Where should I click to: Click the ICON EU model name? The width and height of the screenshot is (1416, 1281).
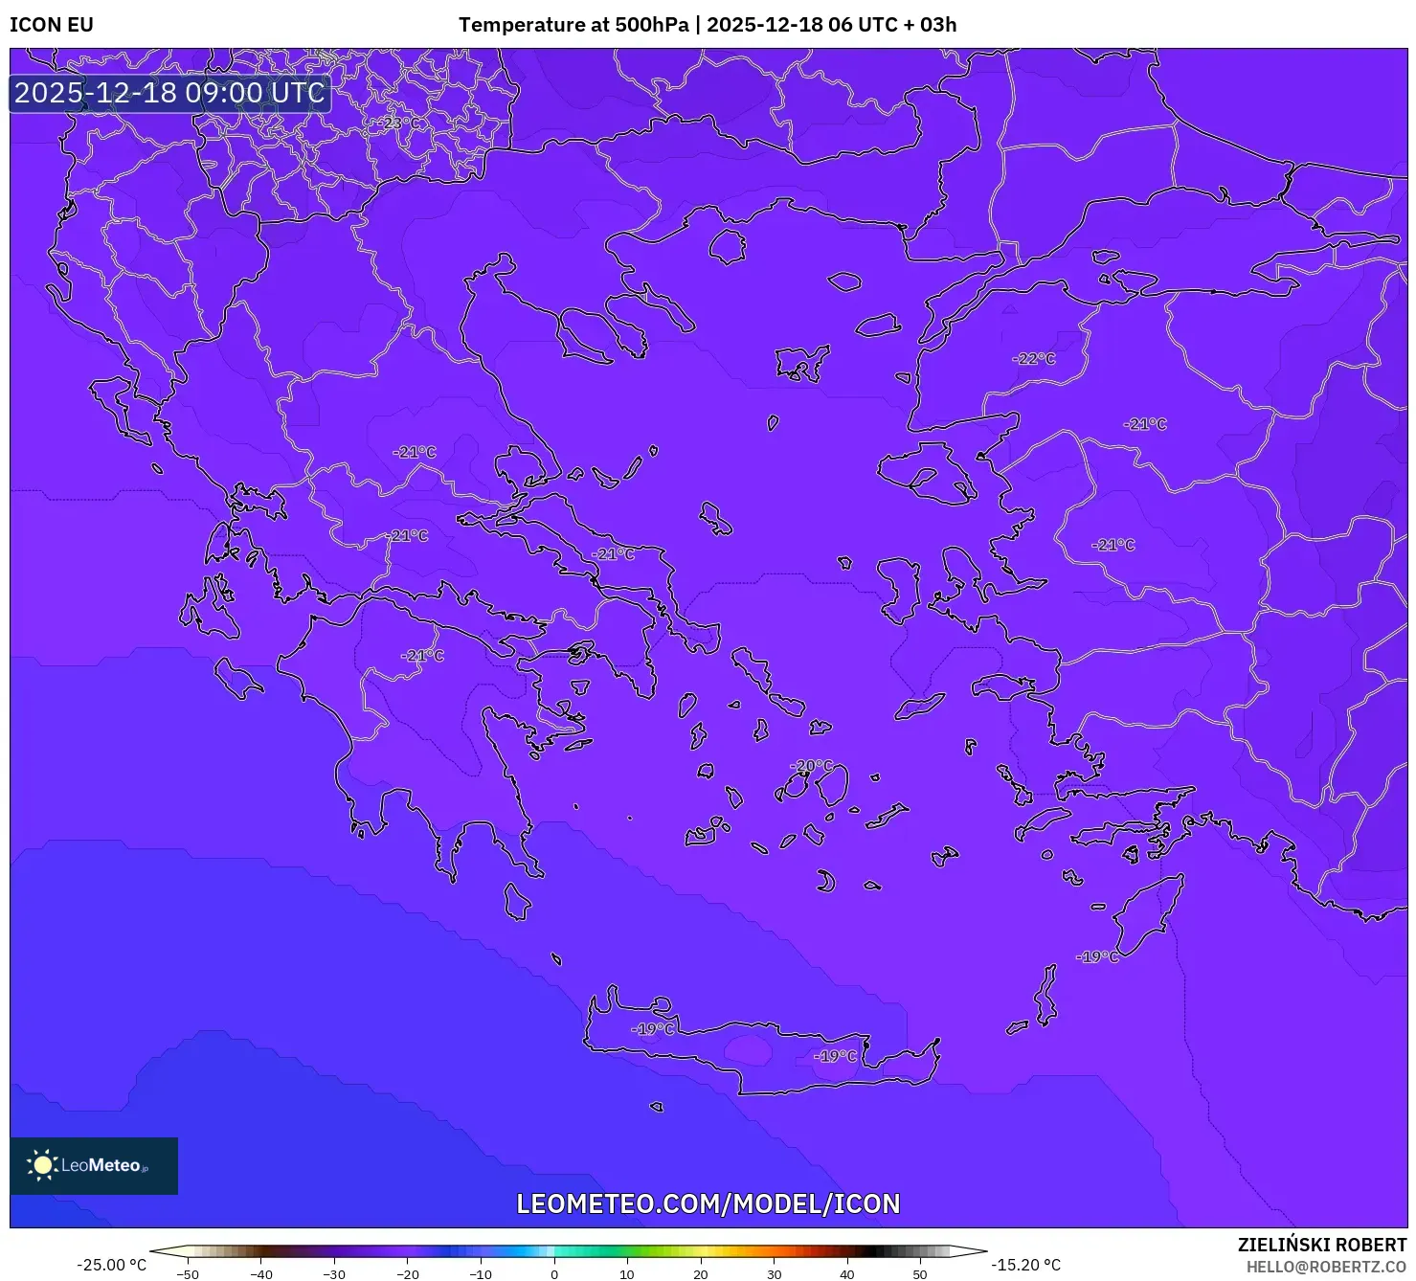click(x=52, y=25)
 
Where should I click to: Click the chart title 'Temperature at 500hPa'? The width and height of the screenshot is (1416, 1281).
click(x=573, y=25)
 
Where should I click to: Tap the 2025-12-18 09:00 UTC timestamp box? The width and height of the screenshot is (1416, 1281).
click(x=169, y=93)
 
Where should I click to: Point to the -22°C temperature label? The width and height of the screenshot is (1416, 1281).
click(x=1034, y=359)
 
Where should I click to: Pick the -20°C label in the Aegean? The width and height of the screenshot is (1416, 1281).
click(x=813, y=766)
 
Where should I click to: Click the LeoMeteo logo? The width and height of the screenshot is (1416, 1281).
click(x=94, y=1165)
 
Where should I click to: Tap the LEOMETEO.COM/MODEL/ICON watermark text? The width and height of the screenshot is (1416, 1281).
click(x=708, y=1203)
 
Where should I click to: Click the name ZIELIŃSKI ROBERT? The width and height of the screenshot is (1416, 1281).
click(x=1321, y=1245)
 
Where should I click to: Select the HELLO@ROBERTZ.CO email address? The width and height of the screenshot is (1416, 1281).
click(x=1326, y=1267)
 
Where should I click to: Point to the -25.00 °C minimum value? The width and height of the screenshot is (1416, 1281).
click(x=112, y=1265)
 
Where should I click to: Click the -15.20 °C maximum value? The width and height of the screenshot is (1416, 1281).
click(x=1025, y=1265)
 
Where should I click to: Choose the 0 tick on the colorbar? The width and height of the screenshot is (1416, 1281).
click(x=554, y=1273)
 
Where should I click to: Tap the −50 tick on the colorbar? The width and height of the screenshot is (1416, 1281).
click(x=188, y=1273)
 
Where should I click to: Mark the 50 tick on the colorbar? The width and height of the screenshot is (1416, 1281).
click(x=920, y=1273)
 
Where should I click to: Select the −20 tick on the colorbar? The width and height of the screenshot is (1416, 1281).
click(x=407, y=1273)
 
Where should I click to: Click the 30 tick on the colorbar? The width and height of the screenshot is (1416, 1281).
click(x=774, y=1273)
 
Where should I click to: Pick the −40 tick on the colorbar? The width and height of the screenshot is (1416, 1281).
click(x=260, y=1273)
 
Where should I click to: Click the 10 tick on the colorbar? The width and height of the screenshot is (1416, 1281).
click(x=627, y=1273)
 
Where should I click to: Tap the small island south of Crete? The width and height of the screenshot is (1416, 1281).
click(x=656, y=1107)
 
